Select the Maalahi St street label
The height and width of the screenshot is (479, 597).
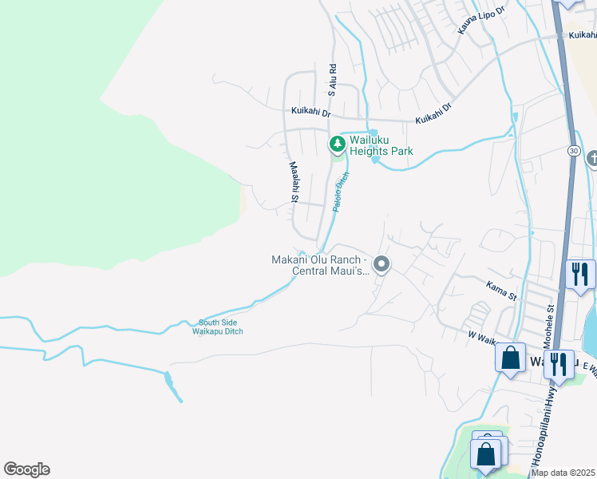click(x=294, y=181)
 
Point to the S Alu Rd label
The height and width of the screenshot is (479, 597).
click(x=332, y=81)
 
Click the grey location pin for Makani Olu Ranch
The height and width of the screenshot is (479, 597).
click(x=382, y=264)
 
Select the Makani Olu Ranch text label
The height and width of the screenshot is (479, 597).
click(x=319, y=265)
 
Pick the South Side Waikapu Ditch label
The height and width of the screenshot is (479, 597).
click(x=220, y=327)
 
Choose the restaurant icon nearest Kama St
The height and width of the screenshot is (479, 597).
click(x=579, y=274)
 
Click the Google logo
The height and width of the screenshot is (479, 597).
click(x=26, y=469)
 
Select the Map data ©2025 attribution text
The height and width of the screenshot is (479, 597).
click(x=563, y=473)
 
